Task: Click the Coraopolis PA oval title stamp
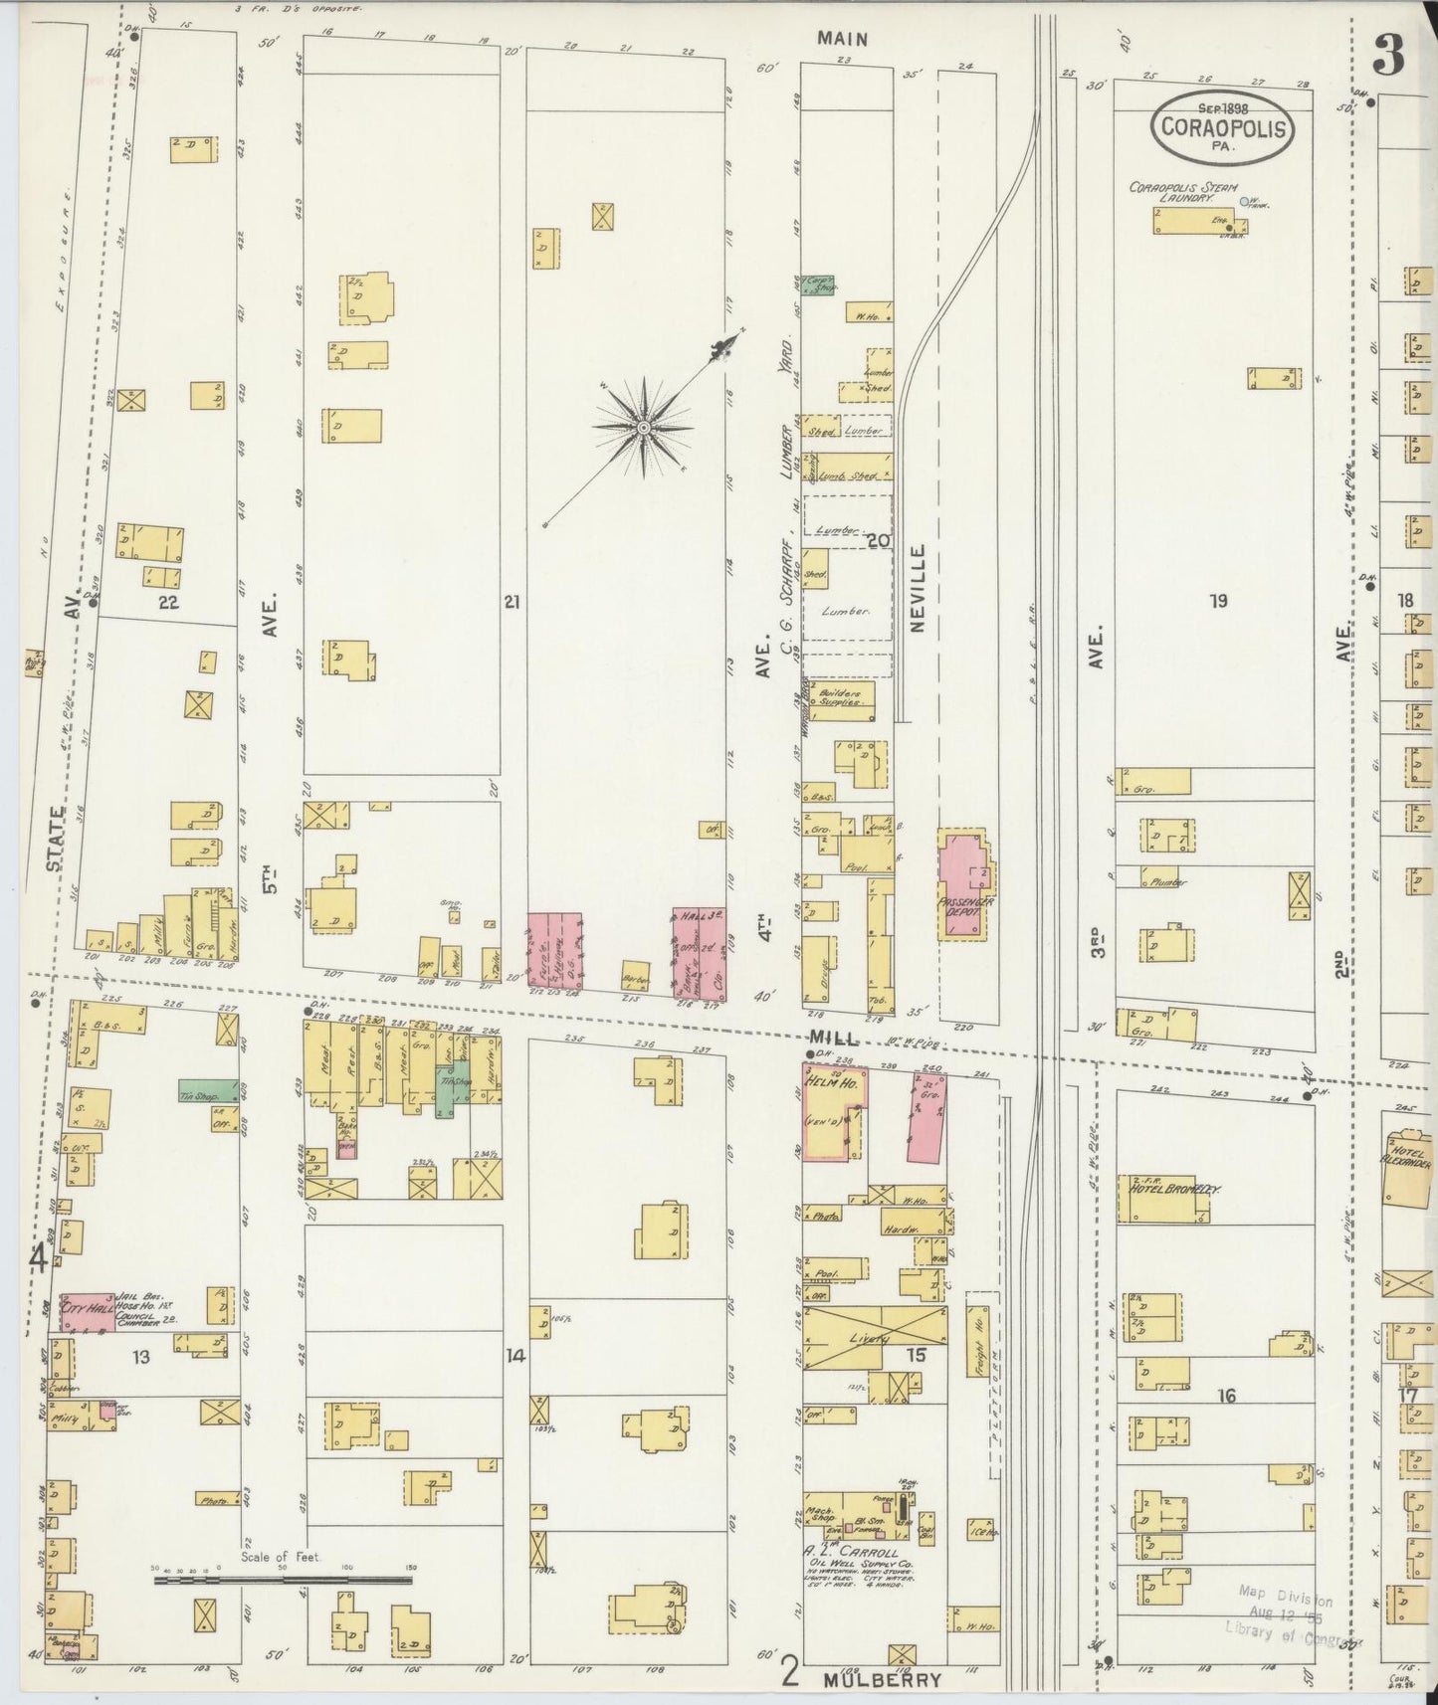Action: pos(1223,127)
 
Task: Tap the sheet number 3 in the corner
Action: pos(1388,56)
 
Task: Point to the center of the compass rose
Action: pos(643,427)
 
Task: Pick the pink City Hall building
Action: pos(88,1308)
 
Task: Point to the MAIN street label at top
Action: pos(842,39)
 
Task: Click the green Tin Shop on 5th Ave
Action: pos(207,1091)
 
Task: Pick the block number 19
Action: pos(1218,601)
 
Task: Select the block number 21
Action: pos(512,601)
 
